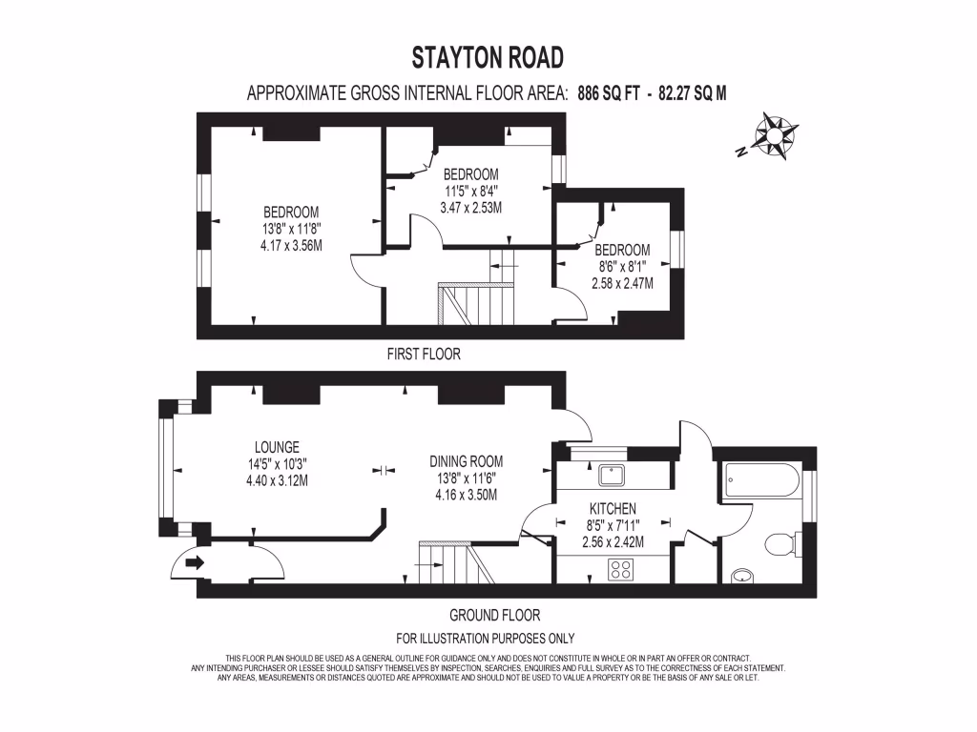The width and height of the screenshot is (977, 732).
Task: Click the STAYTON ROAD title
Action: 488,58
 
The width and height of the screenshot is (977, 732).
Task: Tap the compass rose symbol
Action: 775,134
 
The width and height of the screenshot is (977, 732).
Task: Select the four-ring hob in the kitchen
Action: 621,569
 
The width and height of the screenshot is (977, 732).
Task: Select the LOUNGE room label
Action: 277,446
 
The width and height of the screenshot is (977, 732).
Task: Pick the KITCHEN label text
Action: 613,509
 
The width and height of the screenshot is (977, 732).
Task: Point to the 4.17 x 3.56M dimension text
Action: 291,245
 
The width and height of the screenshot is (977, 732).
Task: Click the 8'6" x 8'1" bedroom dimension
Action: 624,268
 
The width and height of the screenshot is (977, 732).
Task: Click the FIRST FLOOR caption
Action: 424,354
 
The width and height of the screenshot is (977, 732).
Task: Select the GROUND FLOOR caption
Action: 494,615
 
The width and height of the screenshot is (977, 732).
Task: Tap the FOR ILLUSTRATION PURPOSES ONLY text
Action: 485,639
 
